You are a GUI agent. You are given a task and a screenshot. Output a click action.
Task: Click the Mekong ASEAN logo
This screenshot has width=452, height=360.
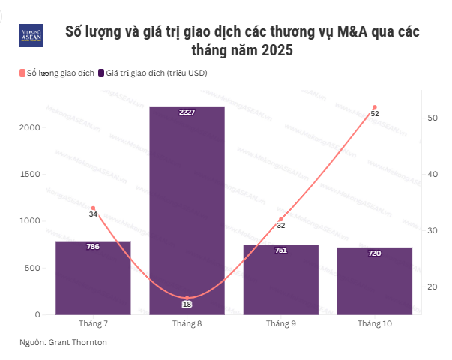click(31, 36)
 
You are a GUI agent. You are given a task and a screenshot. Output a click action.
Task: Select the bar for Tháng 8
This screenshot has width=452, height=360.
click(187, 210)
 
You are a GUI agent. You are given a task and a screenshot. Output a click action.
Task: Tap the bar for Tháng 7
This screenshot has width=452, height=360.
click(93, 277)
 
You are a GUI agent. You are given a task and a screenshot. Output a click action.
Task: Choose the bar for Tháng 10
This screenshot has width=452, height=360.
click(375, 280)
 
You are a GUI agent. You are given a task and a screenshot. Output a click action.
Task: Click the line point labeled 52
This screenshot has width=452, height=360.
click(375, 107)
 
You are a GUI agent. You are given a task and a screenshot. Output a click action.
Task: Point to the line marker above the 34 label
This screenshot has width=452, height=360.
click(93, 208)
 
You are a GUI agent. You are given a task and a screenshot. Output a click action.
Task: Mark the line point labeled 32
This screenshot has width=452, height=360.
click(281, 219)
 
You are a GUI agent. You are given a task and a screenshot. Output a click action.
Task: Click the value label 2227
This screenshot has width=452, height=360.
click(187, 112)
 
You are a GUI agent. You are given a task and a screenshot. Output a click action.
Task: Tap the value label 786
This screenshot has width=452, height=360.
click(93, 247)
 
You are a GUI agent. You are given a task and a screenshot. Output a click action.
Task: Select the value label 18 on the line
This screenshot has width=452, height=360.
click(187, 304)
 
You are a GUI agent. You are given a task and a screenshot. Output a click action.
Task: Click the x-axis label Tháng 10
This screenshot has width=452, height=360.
click(375, 323)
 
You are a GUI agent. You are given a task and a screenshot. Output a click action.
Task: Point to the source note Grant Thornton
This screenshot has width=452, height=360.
click(78, 342)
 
